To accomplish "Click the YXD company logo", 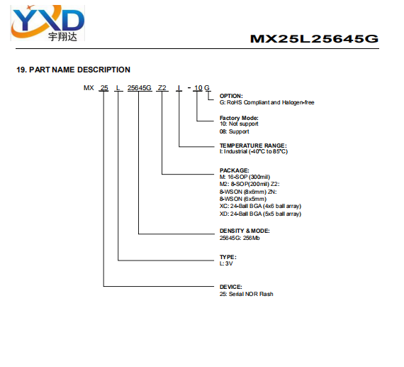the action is pyautogui.click(x=47, y=23).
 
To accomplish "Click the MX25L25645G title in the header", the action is pyautogui.click(x=314, y=39).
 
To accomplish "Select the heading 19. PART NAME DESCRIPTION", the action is pyautogui.click(x=73, y=70).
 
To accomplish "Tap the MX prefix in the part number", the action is pyautogui.click(x=89, y=88).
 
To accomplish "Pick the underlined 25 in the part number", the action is pyautogui.click(x=104, y=88).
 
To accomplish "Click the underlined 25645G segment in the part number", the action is pyautogui.click(x=140, y=88).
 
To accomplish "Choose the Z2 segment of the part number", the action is pyautogui.click(x=162, y=88).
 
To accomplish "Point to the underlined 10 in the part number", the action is pyautogui.click(x=198, y=88).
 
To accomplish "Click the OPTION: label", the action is pyautogui.click(x=231, y=96).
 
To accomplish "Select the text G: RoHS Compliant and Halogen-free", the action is pyautogui.click(x=266, y=102).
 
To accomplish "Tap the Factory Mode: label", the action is pyautogui.click(x=239, y=118).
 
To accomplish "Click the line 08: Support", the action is pyautogui.click(x=234, y=131).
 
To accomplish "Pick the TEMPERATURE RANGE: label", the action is pyautogui.click(x=253, y=146).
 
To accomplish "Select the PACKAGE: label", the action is pyautogui.click(x=234, y=170).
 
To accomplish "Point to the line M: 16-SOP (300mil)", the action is pyautogui.click(x=245, y=177).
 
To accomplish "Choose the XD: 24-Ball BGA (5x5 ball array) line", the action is pyautogui.click(x=260, y=214).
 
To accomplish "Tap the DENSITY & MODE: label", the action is pyautogui.click(x=245, y=231).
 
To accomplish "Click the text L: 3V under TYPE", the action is pyautogui.click(x=226, y=263).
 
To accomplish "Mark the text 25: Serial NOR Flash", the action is pyautogui.click(x=246, y=294).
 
